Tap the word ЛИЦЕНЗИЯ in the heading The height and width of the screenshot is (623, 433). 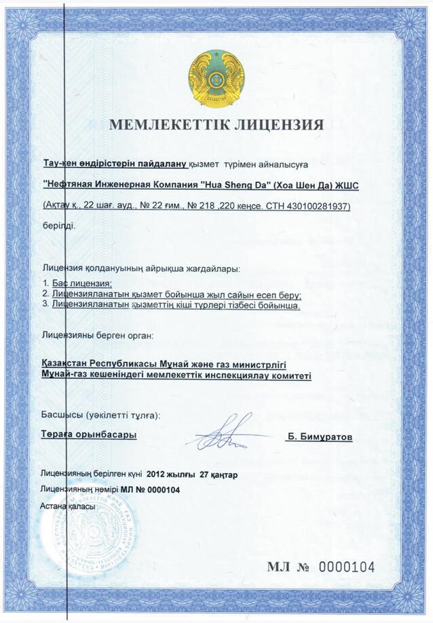280,125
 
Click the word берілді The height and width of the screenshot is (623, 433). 59,225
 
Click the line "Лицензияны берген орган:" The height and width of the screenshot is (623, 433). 98,335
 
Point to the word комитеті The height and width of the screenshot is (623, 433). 287,376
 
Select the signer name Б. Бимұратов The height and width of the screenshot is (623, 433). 319,437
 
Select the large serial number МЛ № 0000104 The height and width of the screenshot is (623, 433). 320,567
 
